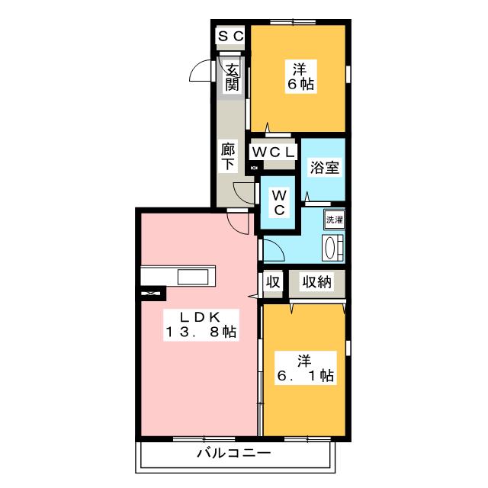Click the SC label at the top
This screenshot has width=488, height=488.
(230, 36)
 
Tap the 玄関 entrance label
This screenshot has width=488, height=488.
(232, 77)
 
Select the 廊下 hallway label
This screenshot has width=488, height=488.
(228, 156)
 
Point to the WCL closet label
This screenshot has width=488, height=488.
(273, 152)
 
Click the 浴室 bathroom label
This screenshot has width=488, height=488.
(324, 168)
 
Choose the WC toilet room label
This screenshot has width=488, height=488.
(279, 203)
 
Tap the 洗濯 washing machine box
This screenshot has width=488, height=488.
(334, 220)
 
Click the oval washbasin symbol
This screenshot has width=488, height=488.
(330, 248)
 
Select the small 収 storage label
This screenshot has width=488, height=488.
(273, 281)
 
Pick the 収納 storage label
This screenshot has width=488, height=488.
(317, 281)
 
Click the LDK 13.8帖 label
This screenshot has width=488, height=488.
(201, 325)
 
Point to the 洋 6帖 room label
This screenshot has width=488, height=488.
(300, 76)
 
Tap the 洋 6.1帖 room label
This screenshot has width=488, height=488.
(305, 368)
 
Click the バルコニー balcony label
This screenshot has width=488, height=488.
(234, 453)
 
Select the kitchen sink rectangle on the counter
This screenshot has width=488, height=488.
(193, 277)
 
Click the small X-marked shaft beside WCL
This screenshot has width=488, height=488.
(254, 169)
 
